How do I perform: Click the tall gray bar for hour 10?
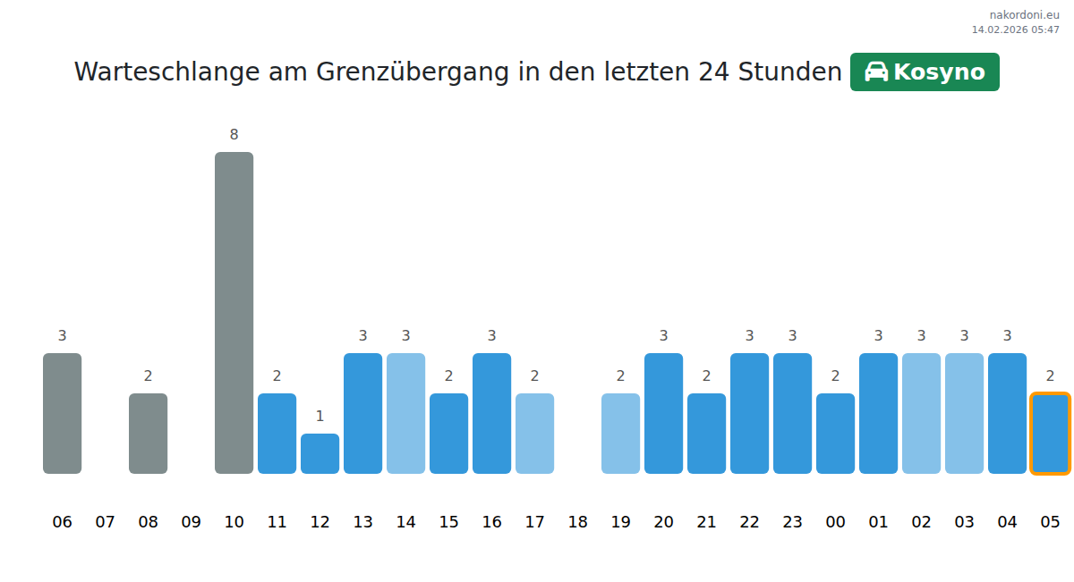tap(234, 313)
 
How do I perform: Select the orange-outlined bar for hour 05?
tap(1050, 434)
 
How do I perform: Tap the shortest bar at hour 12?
tap(320, 453)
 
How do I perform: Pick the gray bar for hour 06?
tap(62, 413)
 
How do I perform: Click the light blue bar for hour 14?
tap(405, 413)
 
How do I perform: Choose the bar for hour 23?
tap(792, 413)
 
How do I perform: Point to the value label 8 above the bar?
tap(234, 135)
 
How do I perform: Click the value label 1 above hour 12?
tap(320, 417)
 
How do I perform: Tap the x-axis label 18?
tap(577, 522)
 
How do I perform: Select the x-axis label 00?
tap(835, 522)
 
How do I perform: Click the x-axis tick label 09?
tap(191, 522)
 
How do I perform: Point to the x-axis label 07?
tap(105, 522)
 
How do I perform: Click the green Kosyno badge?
tap(925, 72)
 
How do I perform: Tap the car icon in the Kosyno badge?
tap(876, 72)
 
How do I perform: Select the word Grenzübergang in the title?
tap(413, 72)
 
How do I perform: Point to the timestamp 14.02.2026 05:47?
tap(1015, 30)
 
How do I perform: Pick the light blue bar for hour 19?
tap(620, 434)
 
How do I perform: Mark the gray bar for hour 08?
tap(148, 434)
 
